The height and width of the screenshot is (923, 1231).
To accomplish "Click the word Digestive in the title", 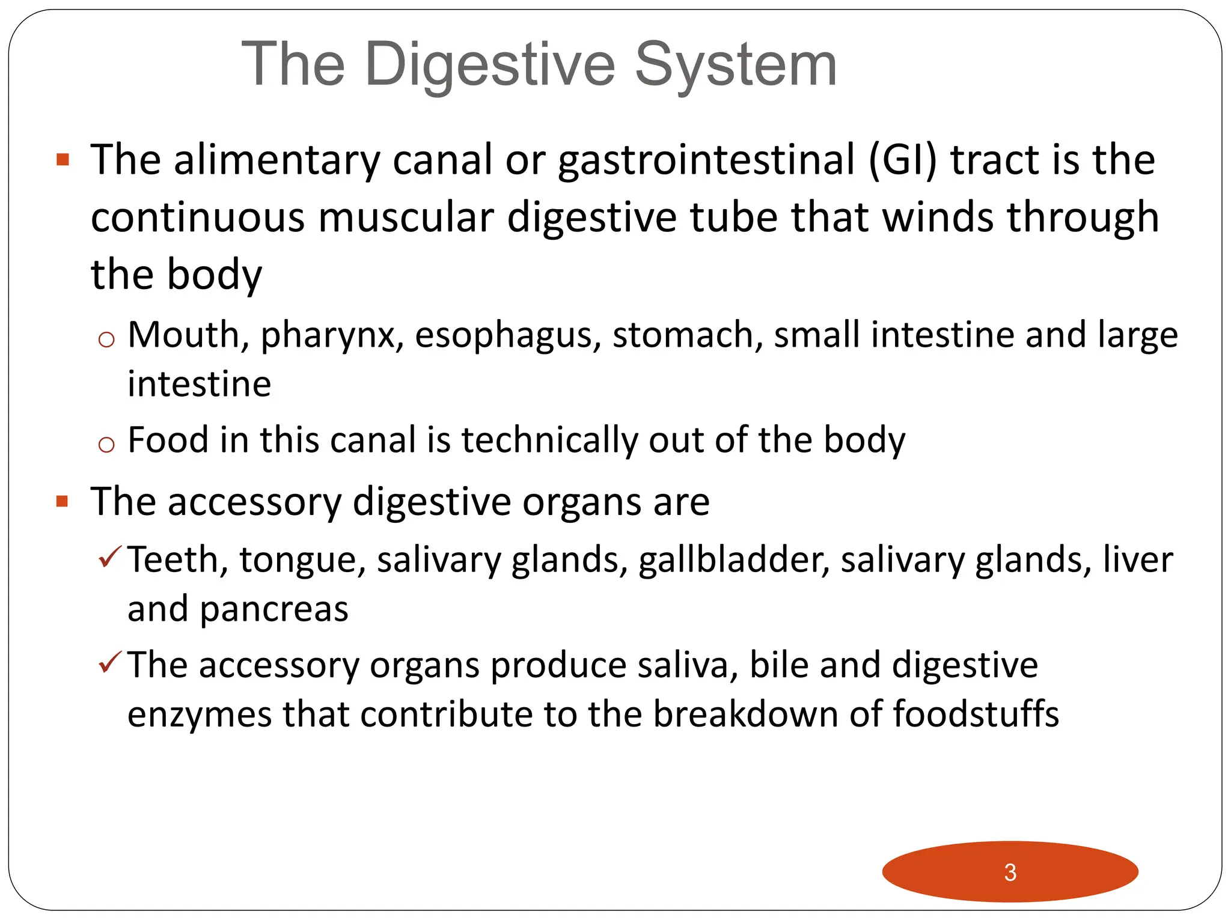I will (x=489, y=65).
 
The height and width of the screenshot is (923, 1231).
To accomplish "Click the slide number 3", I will (x=1010, y=872).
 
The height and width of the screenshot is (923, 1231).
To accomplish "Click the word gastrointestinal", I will (x=706, y=161).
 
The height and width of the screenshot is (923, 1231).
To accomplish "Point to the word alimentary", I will (x=276, y=161).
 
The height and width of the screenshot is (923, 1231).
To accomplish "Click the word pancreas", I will (x=274, y=610).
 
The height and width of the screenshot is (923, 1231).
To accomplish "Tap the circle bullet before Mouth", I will (x=106, y=340).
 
